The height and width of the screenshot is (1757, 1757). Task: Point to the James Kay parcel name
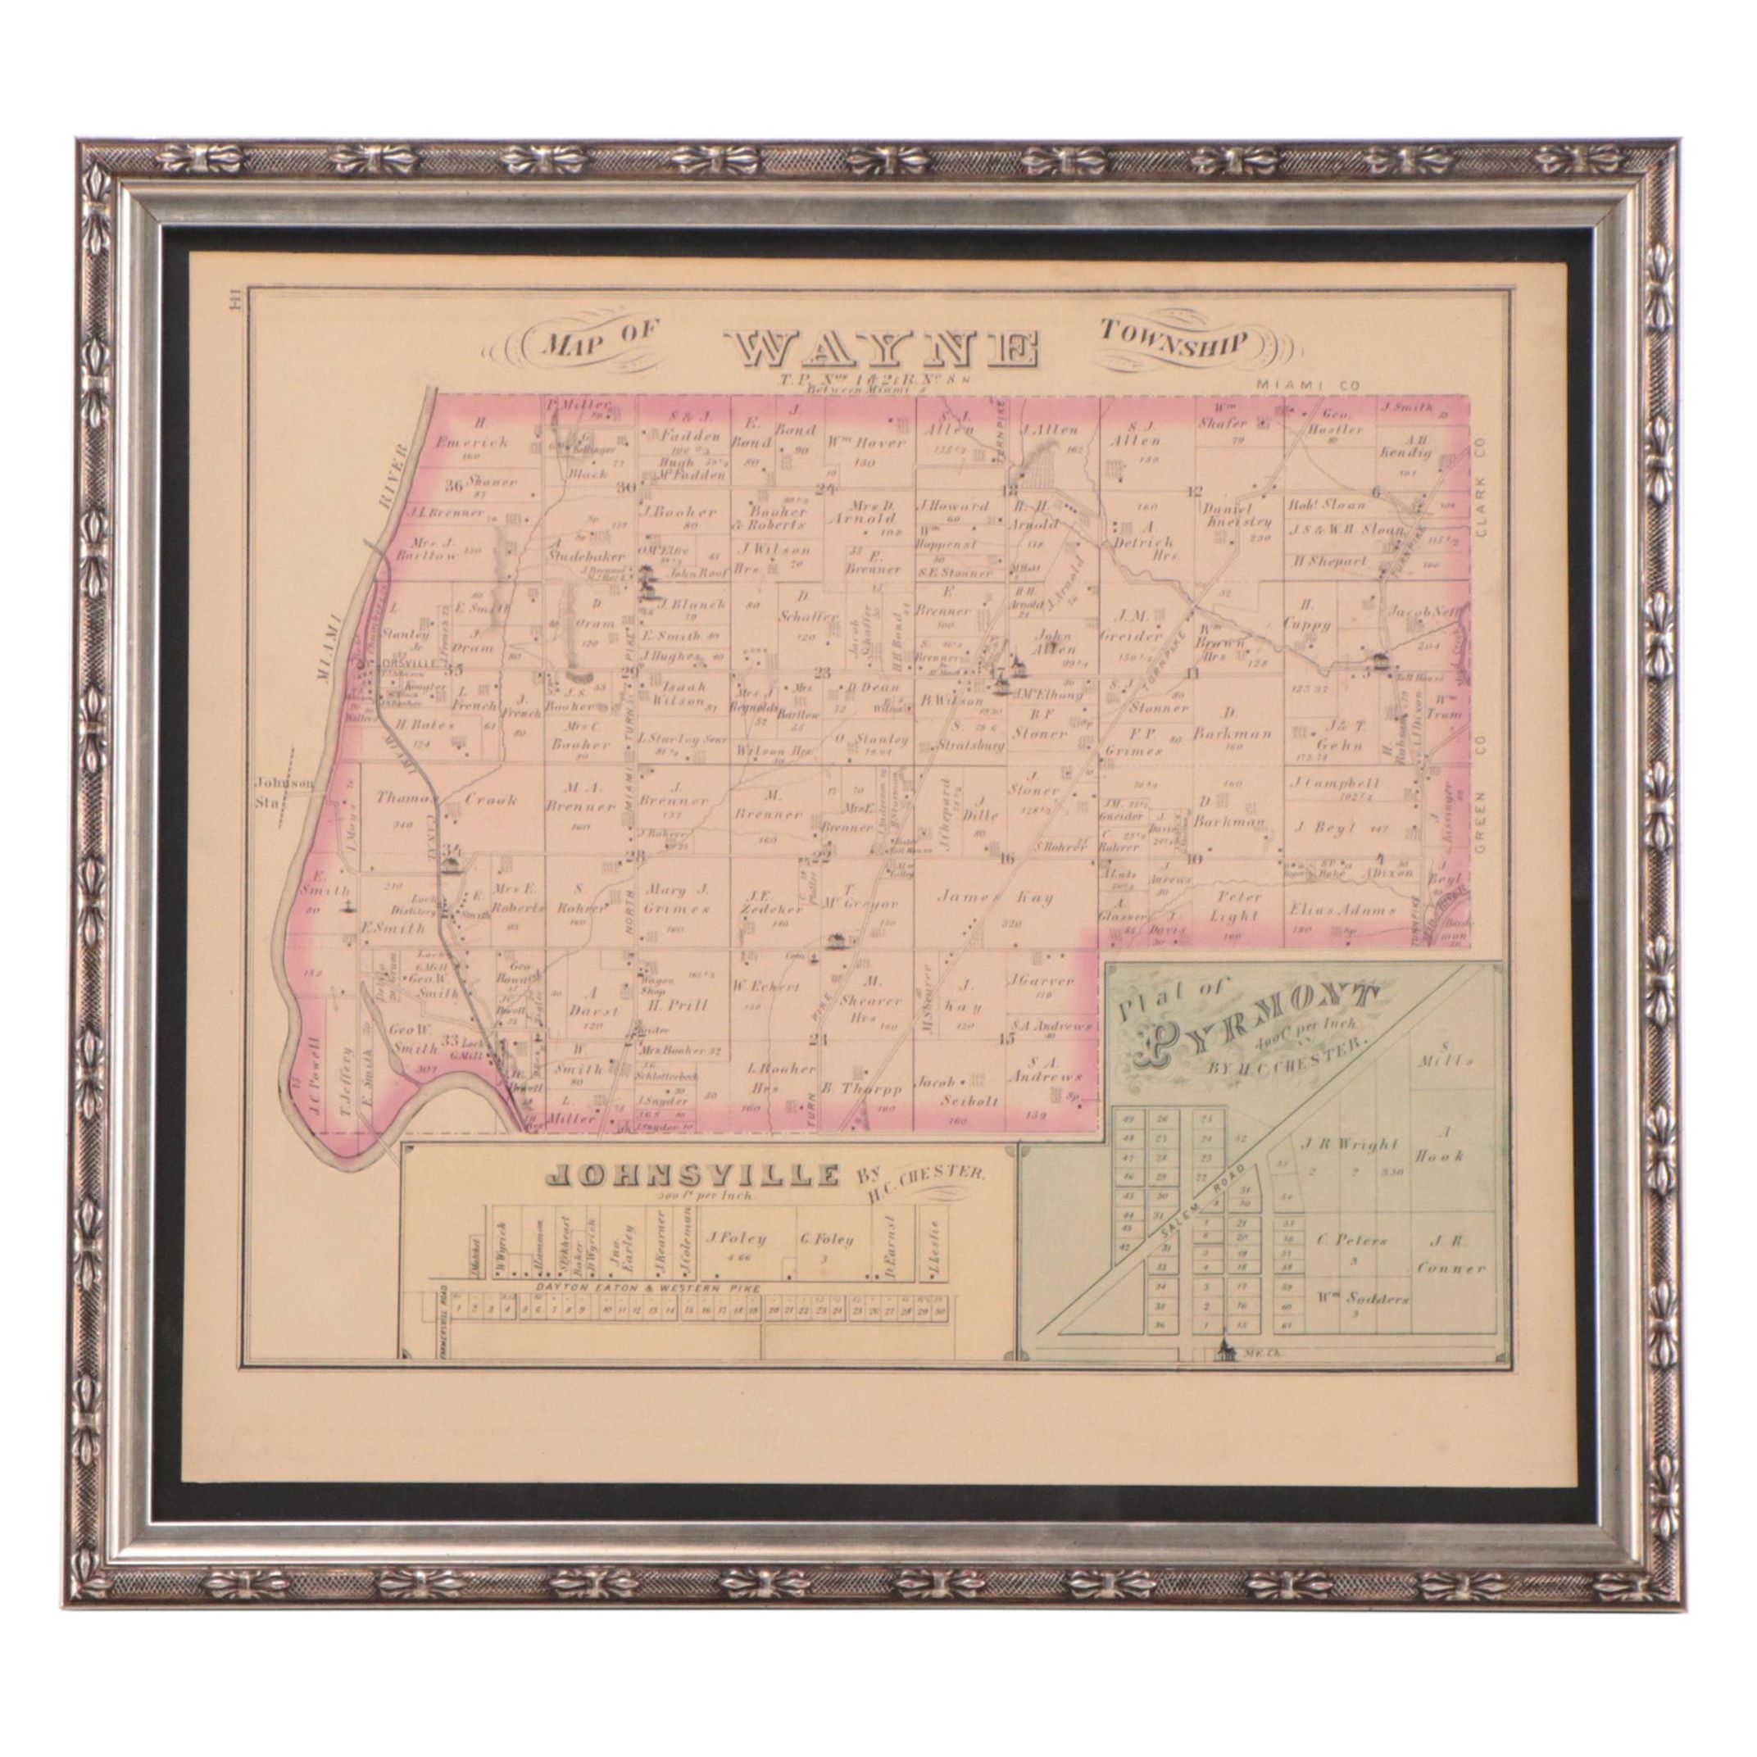pos(996,898)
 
